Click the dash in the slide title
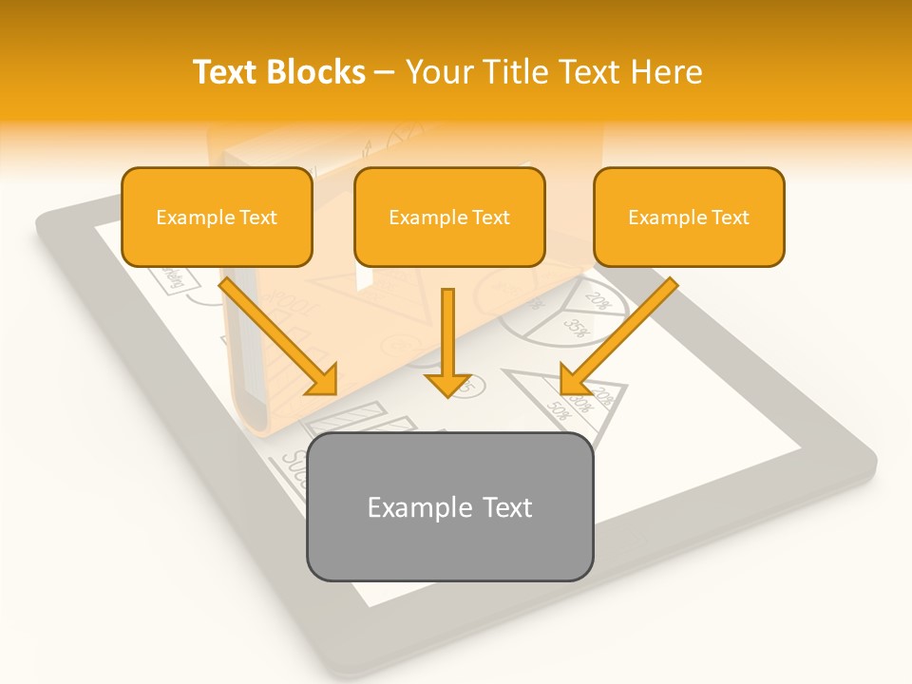pyautogui.click(x=385, y=73)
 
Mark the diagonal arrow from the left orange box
pyautogui.click(x=280, y=337)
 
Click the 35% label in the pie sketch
pyautogui.click(x=577, y=330)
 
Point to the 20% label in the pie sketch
pyautogui.click(x=598, y=301)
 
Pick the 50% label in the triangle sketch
pyautogui.click(x=558, y=411)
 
